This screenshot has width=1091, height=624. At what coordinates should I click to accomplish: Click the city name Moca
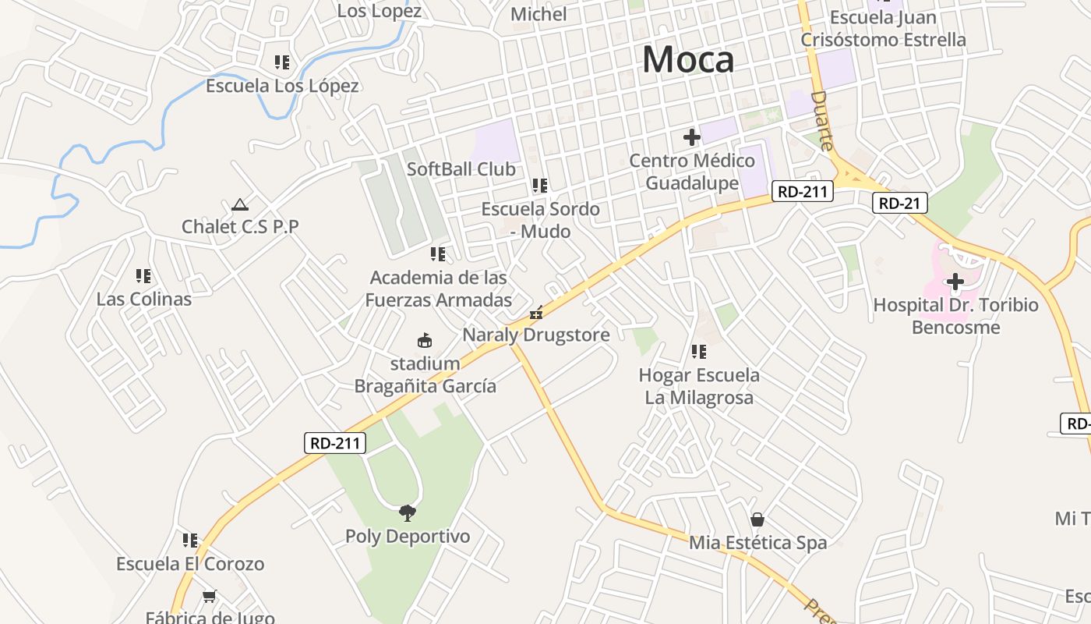(x=688, y=60)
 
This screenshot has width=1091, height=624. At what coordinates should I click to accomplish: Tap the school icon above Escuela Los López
(x=282, y=62)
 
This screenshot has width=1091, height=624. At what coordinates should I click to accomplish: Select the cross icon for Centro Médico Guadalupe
(x=691, y=137)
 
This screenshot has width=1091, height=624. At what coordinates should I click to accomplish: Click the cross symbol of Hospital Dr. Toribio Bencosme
(x=955, y=282)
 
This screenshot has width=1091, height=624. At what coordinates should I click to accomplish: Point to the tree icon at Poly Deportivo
(x=407, y=512)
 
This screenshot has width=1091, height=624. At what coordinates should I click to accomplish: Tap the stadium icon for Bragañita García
(x=425, y=341)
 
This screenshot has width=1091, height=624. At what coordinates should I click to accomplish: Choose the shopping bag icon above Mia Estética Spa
(x=757, y=519)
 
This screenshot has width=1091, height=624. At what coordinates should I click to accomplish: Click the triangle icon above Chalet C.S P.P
(x=239, y=204)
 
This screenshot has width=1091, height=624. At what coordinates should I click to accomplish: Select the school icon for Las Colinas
(x=143, y=275)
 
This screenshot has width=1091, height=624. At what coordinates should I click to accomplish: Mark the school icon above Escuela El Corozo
(x=190, y=540)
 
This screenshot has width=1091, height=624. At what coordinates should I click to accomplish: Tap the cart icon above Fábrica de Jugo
(x=209, y=597)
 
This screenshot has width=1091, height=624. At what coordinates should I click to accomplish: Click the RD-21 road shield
(x=900, y=204)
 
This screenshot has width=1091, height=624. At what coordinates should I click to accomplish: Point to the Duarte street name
(x=823, y=120)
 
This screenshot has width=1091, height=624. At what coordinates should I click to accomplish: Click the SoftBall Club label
(x=461, y=169)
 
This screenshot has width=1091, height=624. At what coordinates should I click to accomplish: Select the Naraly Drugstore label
(x=536, y=335)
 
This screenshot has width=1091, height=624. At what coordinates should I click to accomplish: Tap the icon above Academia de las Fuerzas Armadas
(x=438, y=253)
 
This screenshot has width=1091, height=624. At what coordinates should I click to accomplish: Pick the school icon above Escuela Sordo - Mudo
(x=539, y=186)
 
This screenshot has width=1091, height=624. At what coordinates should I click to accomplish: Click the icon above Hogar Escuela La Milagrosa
(x=699, y=352)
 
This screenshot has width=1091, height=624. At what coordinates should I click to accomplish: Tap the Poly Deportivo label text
(x=408, y=537)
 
